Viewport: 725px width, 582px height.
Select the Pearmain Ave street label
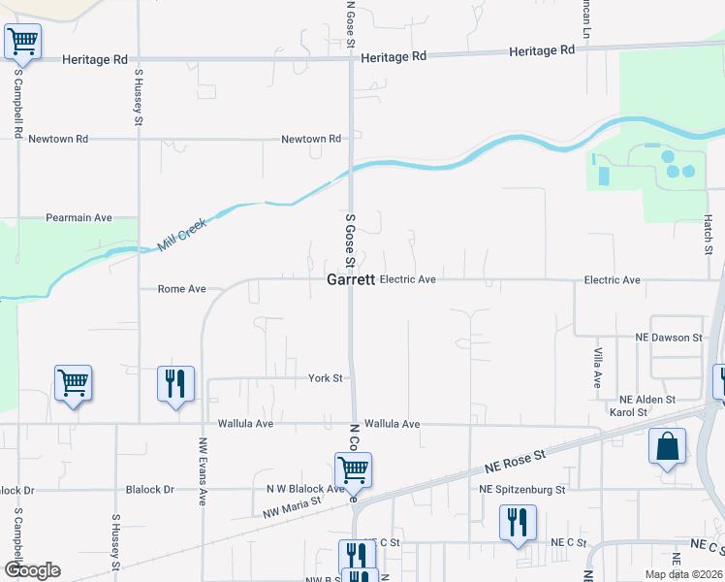[x=79, y=218]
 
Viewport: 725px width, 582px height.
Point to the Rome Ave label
[x=182, y=289]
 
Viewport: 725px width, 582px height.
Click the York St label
[x=326, y=378]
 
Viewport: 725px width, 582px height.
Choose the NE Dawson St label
[x=669, y=338]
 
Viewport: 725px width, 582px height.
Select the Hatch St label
[x=708, y=234]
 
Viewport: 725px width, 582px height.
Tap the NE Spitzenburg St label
[x=522, y=490]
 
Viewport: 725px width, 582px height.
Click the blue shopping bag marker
[x=667, y=447]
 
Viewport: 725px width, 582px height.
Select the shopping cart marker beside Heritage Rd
[x=22, y=42]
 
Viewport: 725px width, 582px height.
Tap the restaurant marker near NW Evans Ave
[x=176, y=384]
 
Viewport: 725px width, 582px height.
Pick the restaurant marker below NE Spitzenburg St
[x=516, y=523]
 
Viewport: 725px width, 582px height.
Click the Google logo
[x=32, y=569]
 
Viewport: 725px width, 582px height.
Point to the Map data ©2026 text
[x=682, y=574]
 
